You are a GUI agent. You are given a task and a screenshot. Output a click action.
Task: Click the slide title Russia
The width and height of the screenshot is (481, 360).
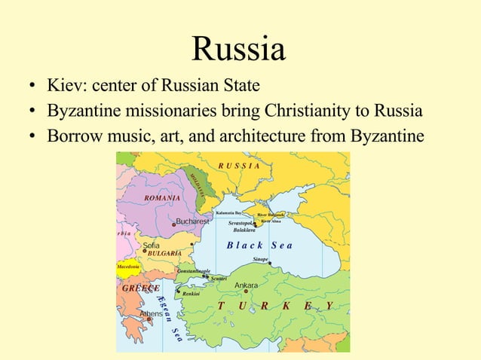click(239, 49)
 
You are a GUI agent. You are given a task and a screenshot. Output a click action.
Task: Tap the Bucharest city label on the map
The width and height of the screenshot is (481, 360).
click(192, 222)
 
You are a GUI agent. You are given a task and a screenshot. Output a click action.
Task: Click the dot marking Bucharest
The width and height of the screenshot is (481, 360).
click(173, 223)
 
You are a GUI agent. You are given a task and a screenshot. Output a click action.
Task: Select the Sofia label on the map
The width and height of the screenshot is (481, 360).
click(151, 245)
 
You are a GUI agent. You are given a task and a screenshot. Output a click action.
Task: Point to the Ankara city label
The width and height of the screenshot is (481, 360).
click(246, 285)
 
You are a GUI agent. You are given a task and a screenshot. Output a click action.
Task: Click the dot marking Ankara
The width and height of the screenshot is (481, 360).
click(246, 291)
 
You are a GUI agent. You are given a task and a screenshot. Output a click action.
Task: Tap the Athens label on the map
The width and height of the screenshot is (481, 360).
click(151, 313)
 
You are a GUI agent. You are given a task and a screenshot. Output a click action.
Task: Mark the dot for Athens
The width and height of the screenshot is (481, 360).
click(149, 319)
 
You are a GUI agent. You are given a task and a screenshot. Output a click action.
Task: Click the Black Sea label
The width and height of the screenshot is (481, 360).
click(259, 246)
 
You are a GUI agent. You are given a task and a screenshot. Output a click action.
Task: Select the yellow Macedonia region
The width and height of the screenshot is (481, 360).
click(127, 267)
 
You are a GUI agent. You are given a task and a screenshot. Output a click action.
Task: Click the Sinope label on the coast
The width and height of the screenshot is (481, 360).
click(260, 258)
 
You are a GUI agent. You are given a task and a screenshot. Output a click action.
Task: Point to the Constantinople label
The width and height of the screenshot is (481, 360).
click(193, 270)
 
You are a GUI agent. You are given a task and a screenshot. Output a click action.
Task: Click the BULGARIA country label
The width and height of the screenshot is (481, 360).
click(164, 254)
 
